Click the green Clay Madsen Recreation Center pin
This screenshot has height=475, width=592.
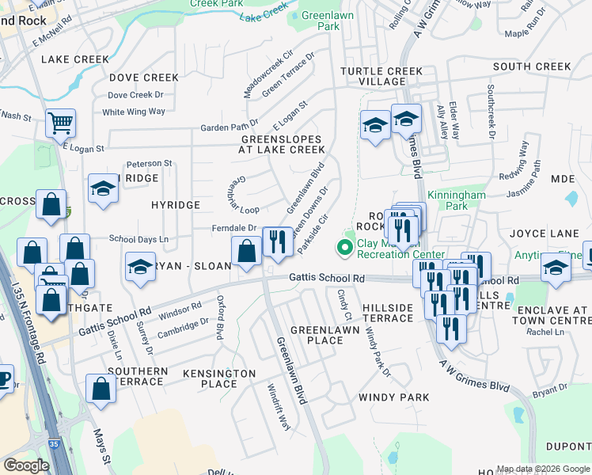tap(344, 248)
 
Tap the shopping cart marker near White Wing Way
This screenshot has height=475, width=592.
tap(60, 123)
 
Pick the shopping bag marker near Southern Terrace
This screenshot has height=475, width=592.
tap(101, 389)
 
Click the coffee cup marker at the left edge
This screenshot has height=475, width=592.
tap(3, 378)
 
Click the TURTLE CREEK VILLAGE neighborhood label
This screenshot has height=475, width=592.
tap(381, 77)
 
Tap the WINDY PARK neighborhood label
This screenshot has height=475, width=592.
tap(393, 397)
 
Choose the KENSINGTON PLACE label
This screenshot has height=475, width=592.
tap(219, 378)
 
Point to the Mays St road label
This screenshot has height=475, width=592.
tap(101, 446)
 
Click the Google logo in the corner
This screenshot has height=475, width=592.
tap(26, 465)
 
